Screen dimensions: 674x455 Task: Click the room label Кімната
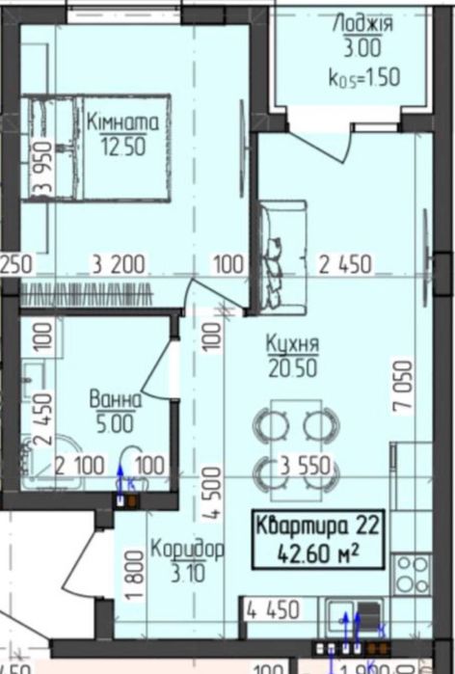pos(123,122)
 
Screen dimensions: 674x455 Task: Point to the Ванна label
pos(116,397)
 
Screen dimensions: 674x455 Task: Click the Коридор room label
pos(187,551)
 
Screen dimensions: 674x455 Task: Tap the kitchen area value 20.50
pos(294,365)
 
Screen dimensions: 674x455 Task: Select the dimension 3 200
pos(120,262)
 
